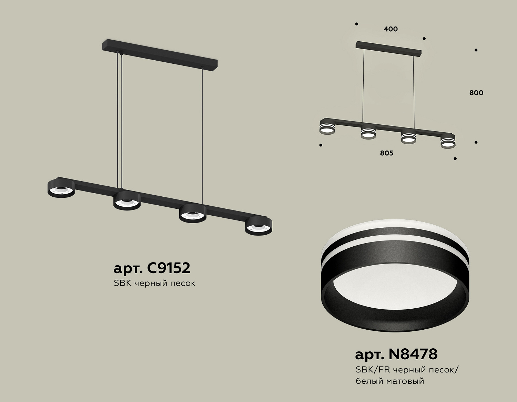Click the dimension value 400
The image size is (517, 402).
[x=391, y=29]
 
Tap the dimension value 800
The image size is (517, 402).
[x=476, y=93]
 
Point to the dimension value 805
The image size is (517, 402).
[x=386, y=153]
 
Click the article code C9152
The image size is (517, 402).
[x=169, y=268]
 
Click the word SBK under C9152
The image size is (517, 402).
[x=122, y=283]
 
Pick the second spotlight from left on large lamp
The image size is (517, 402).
[x=127, y=201]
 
